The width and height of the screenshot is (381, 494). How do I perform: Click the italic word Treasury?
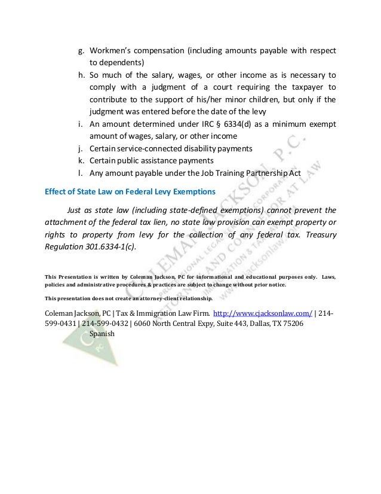click(x=317, y=234)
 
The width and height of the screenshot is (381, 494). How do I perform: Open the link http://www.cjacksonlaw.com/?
click(x=263, y=313)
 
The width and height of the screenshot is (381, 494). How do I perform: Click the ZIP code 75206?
click(x=291, y=324)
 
